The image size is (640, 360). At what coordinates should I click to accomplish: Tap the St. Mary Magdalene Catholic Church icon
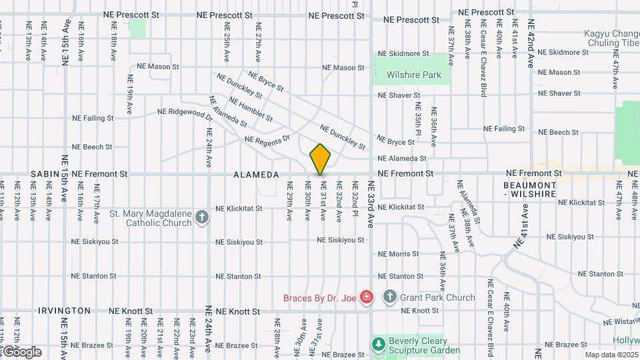click(x=201, y=217)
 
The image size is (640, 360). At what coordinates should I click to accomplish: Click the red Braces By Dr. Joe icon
click(x=366, y=297)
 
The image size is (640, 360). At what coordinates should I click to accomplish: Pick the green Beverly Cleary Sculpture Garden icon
click(x=379, y=344)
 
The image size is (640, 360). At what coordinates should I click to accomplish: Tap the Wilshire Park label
click(x=413, y=75)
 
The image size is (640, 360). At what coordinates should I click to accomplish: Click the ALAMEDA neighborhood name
click(x=256, y=175)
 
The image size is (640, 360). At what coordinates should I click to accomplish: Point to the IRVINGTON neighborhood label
click(x=64, y=311)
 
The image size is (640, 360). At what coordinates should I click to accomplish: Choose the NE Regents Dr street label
click(x=268, y=139)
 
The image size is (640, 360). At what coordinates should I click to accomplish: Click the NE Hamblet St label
click(x=251, y=109)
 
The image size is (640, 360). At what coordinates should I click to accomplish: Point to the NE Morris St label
click(x=399, y=254)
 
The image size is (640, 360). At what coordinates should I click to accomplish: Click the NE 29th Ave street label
click(x=290, y=207)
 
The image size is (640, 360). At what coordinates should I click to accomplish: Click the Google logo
click(x=22, y=351)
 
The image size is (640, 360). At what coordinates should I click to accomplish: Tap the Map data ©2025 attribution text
click(x=611, y=355)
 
